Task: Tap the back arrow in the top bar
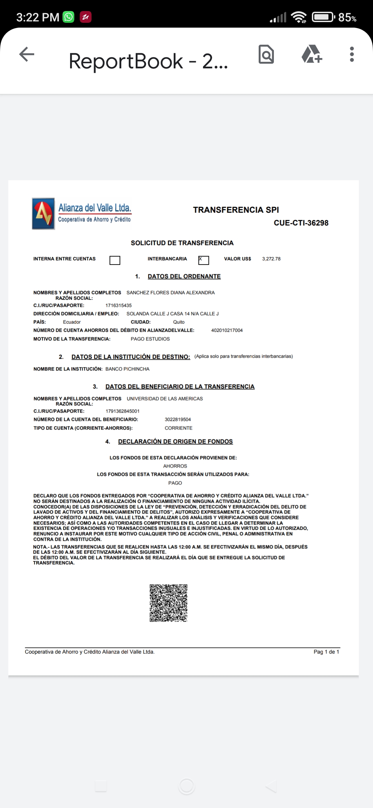[27, 54]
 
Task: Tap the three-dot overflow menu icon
[352, 54]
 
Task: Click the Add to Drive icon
[312, 54]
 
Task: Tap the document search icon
[266, 54]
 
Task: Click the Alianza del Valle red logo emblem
[44, 214]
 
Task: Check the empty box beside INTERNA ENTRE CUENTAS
[115, 260]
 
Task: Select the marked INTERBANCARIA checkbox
[203, 260]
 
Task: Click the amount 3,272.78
[271, 259]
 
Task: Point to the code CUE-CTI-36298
[301, 223]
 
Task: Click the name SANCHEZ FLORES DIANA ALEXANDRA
[170, 293]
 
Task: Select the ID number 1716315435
[118, 306]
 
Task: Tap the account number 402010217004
[227, 330]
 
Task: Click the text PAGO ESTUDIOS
[150, 339]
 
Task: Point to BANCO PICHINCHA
[127, 369]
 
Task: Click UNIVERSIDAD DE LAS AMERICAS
[165, 399]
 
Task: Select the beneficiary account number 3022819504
[178, 420]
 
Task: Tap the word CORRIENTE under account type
[179, 428]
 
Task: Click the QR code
[169, 603]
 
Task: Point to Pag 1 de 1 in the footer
[326, 652]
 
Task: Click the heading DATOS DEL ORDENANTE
[184, 277]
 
